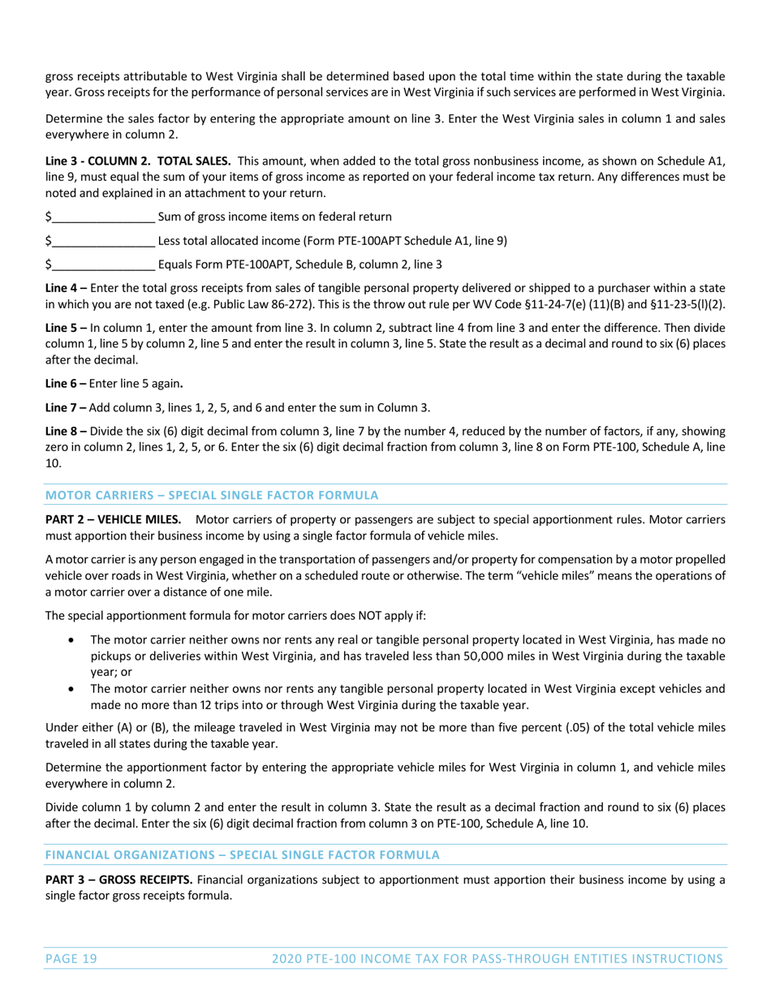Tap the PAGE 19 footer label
[x=71, y=959]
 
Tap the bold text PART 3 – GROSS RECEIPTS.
[x=119, y=879]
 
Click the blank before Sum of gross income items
[x=102, y=217]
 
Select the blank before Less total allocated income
[x=102, y=241]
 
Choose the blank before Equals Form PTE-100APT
[x=102, y=265]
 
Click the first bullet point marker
[x=75, y=640]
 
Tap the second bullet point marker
[x=75, y=688]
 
